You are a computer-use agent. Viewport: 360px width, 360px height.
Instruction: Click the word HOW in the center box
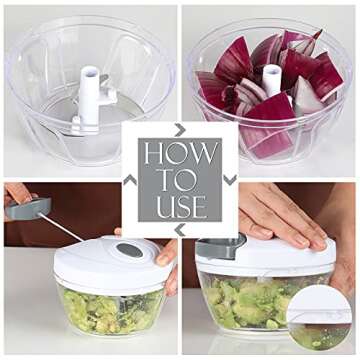coord(180,154)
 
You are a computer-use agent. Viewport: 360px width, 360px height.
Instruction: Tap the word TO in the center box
coord(180,181)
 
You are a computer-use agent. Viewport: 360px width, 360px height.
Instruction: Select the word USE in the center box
coord(180,207)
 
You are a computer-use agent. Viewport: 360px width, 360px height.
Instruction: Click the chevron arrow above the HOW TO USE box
coord(180,129)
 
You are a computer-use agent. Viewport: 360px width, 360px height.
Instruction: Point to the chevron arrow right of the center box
coord(231,180)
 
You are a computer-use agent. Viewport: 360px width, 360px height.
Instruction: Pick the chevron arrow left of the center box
coord(129,180)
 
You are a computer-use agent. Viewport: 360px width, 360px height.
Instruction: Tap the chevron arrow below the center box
coord(180,231)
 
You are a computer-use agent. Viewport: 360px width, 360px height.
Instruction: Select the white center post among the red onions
coord(270,80)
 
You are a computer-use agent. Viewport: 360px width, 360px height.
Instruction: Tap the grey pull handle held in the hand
coord(30,208)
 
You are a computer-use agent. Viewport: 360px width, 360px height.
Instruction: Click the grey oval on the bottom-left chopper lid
coord(128,250)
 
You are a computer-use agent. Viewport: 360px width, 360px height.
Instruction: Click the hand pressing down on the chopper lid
coord(285,215)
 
